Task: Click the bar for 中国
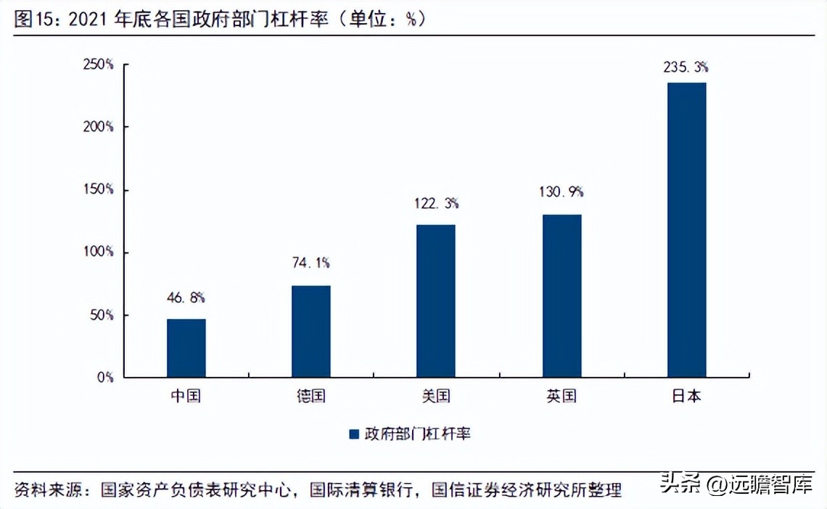point(186,348)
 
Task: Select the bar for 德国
point(311,331)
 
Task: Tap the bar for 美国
point(436,301)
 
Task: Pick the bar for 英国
point(561,296)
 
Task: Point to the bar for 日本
point(686,230)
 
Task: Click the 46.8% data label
point(186,297)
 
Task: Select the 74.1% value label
point(311,263)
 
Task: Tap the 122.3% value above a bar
point(437,204)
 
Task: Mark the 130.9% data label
point(561,192)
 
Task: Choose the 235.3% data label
point(686,67)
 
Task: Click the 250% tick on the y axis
point(99,64)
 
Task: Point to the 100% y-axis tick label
point(99,252)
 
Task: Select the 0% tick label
point(106,378)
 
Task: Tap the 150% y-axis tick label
point(99,189)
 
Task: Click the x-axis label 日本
point(686,397)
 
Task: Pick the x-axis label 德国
point(311,397)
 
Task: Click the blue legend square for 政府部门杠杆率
point(354,434)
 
